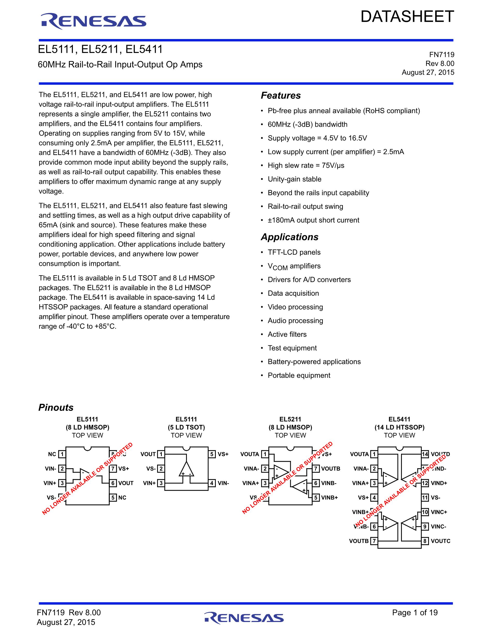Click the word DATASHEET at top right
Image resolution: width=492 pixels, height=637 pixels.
[407, 17]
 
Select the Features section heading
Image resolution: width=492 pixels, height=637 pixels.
[281, 95]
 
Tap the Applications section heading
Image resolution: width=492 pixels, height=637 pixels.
[289, 237]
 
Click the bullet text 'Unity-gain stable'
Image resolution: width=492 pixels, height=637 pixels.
[294, 179]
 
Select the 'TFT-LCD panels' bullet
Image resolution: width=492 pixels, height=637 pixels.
[294, 252]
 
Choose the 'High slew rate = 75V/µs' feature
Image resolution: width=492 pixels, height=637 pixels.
[306, 165]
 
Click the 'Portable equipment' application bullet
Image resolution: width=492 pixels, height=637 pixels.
[299, 375]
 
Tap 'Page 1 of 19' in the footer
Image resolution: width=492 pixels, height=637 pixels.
[415, 612]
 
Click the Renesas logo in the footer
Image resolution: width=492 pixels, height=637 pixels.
[244, 618]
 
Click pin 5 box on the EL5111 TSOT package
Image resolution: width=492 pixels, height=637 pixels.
[212, 454]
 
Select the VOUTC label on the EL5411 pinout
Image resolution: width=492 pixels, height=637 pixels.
[440, 541]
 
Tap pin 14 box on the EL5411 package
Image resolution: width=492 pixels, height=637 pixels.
[425, 454]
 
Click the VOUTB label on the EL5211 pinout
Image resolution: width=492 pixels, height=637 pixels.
[330, 469]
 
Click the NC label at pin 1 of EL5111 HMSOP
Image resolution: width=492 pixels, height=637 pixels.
[52, 454]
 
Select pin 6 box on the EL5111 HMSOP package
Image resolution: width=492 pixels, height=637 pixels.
[113, 483]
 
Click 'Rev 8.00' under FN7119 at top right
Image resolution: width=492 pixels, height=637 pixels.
[440, 64]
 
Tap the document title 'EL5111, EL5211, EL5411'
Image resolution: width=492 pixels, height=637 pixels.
[100, 49]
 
